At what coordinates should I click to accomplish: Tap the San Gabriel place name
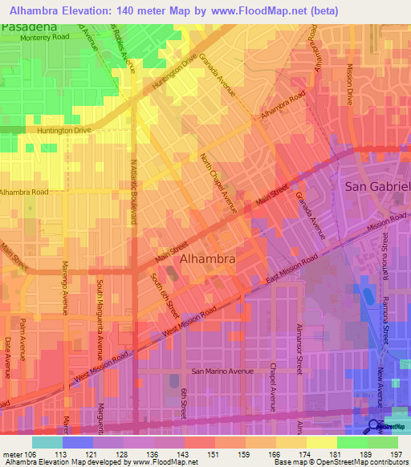[x=377, y=186]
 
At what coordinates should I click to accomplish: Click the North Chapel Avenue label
[x=218, y=185]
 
